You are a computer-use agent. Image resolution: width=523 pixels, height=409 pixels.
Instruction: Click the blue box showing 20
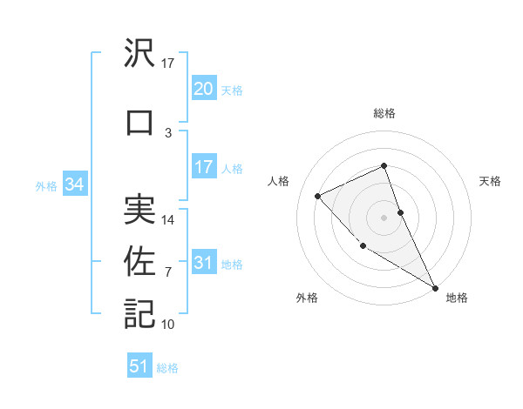pos(204,89)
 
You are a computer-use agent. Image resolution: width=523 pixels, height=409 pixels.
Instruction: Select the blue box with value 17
pos(204,167)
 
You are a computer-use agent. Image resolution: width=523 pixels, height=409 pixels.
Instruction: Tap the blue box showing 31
pos(204,264)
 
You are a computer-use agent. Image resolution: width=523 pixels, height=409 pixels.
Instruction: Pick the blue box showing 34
pos(75,184)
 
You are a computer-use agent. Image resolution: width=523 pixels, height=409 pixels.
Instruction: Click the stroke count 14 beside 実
pos(168,220)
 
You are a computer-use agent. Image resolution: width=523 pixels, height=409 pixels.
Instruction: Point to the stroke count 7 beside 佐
pos(168,272)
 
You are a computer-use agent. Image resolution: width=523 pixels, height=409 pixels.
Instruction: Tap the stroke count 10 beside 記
pos(168,325)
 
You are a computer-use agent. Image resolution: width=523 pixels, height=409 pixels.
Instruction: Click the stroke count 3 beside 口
pos(168,132)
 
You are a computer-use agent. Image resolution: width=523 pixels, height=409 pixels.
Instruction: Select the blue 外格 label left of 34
pos(46,185)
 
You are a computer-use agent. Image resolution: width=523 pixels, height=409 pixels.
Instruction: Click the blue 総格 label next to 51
pos(167,368)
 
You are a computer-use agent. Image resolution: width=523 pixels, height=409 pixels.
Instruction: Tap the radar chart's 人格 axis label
pos(279,181)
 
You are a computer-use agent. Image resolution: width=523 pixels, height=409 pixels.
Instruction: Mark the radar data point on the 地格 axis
pos(436,287)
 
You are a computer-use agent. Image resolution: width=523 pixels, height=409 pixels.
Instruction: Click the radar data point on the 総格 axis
pos(384,165)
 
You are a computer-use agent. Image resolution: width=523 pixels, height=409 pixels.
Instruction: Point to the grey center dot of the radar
pos(384,217)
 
